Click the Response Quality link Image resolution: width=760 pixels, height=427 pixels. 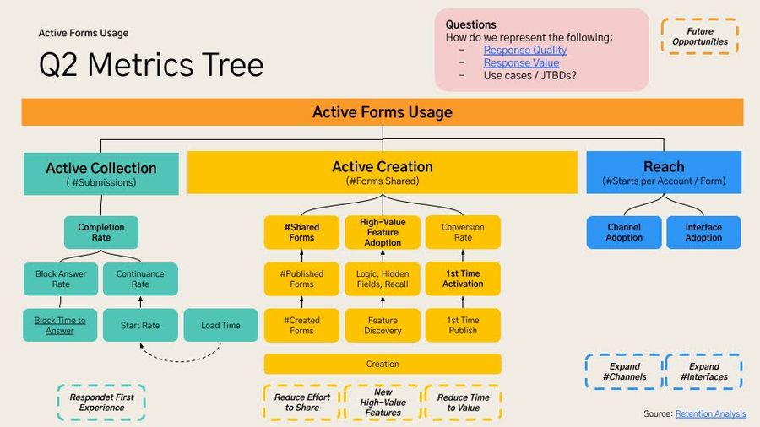tap(524, 50)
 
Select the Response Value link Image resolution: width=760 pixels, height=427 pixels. tap(521, 62)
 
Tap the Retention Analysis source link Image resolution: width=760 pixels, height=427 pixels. tap(710, 413)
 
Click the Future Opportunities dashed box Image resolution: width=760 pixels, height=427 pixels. tap(700, 36)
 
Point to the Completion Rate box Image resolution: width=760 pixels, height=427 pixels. tap(101, 232)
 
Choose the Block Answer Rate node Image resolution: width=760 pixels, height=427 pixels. tap(60, 278)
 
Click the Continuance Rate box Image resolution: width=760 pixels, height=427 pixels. tap(140, 278)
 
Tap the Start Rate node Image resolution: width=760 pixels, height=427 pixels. tap(140, 325)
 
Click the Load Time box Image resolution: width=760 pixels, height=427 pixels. tap(220, 325)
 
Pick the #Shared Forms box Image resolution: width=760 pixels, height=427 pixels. tap(301, 232)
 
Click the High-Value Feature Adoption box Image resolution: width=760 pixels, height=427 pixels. tap(383, 232)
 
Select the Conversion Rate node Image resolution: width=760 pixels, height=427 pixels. tap(463, 232)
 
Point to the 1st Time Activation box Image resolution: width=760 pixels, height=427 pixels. tap(463, 278)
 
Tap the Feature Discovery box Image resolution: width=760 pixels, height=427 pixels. tap(383, 325)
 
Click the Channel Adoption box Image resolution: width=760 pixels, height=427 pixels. tap(623, 232)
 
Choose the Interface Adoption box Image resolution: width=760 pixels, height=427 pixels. tap(703, 232)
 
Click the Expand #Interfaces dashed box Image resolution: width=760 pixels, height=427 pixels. tap(703, 371)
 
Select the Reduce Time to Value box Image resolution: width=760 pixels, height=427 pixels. tap(463, 403)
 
